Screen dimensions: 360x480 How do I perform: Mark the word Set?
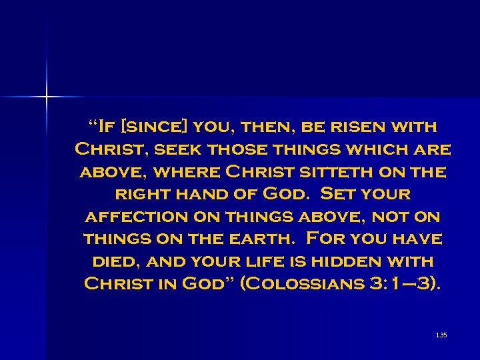(339, 194)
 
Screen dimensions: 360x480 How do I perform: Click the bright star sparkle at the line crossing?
(47, 97)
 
